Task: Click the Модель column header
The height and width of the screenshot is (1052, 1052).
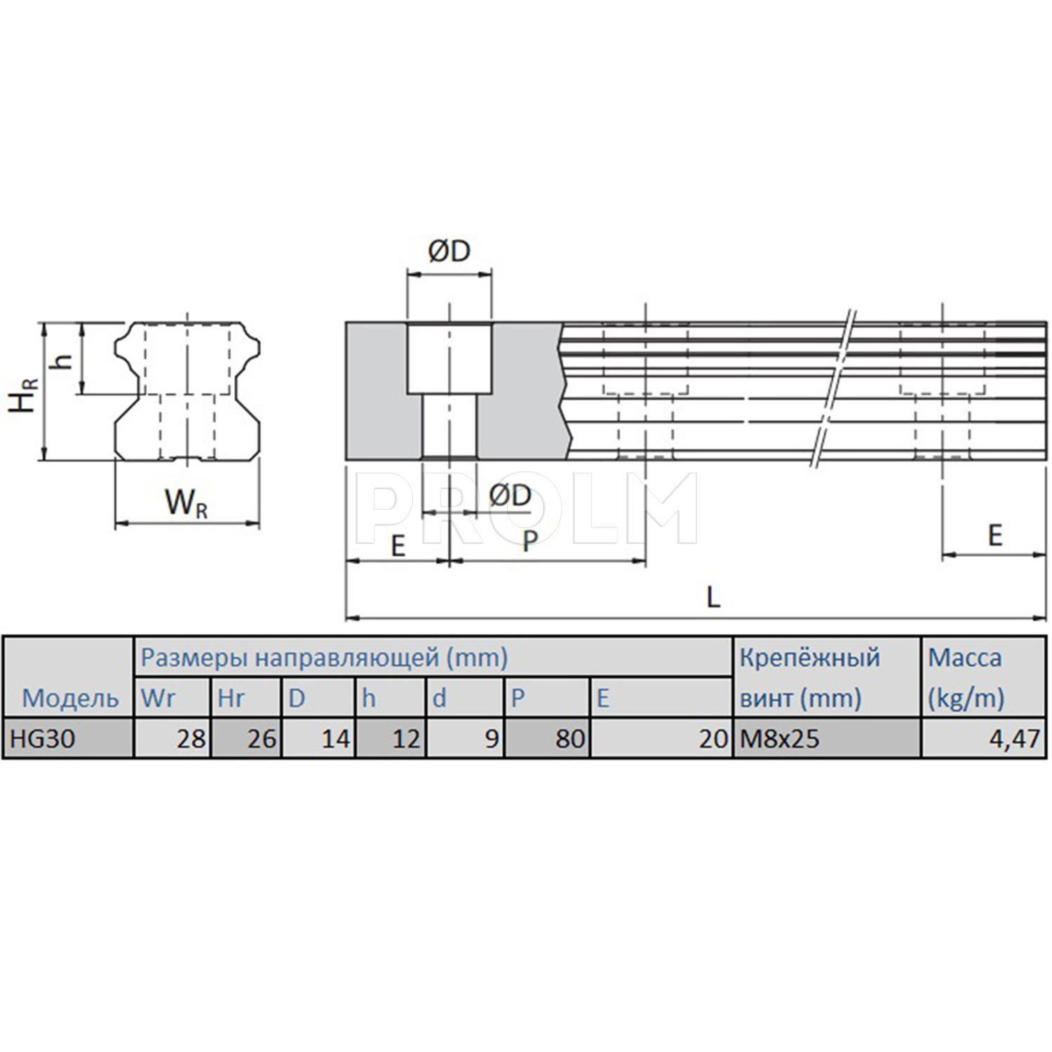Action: (x=71, y=698)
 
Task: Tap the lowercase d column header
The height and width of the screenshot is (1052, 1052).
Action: (x=440, y=698)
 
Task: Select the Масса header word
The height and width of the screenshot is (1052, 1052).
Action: (x=965, y=658)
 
